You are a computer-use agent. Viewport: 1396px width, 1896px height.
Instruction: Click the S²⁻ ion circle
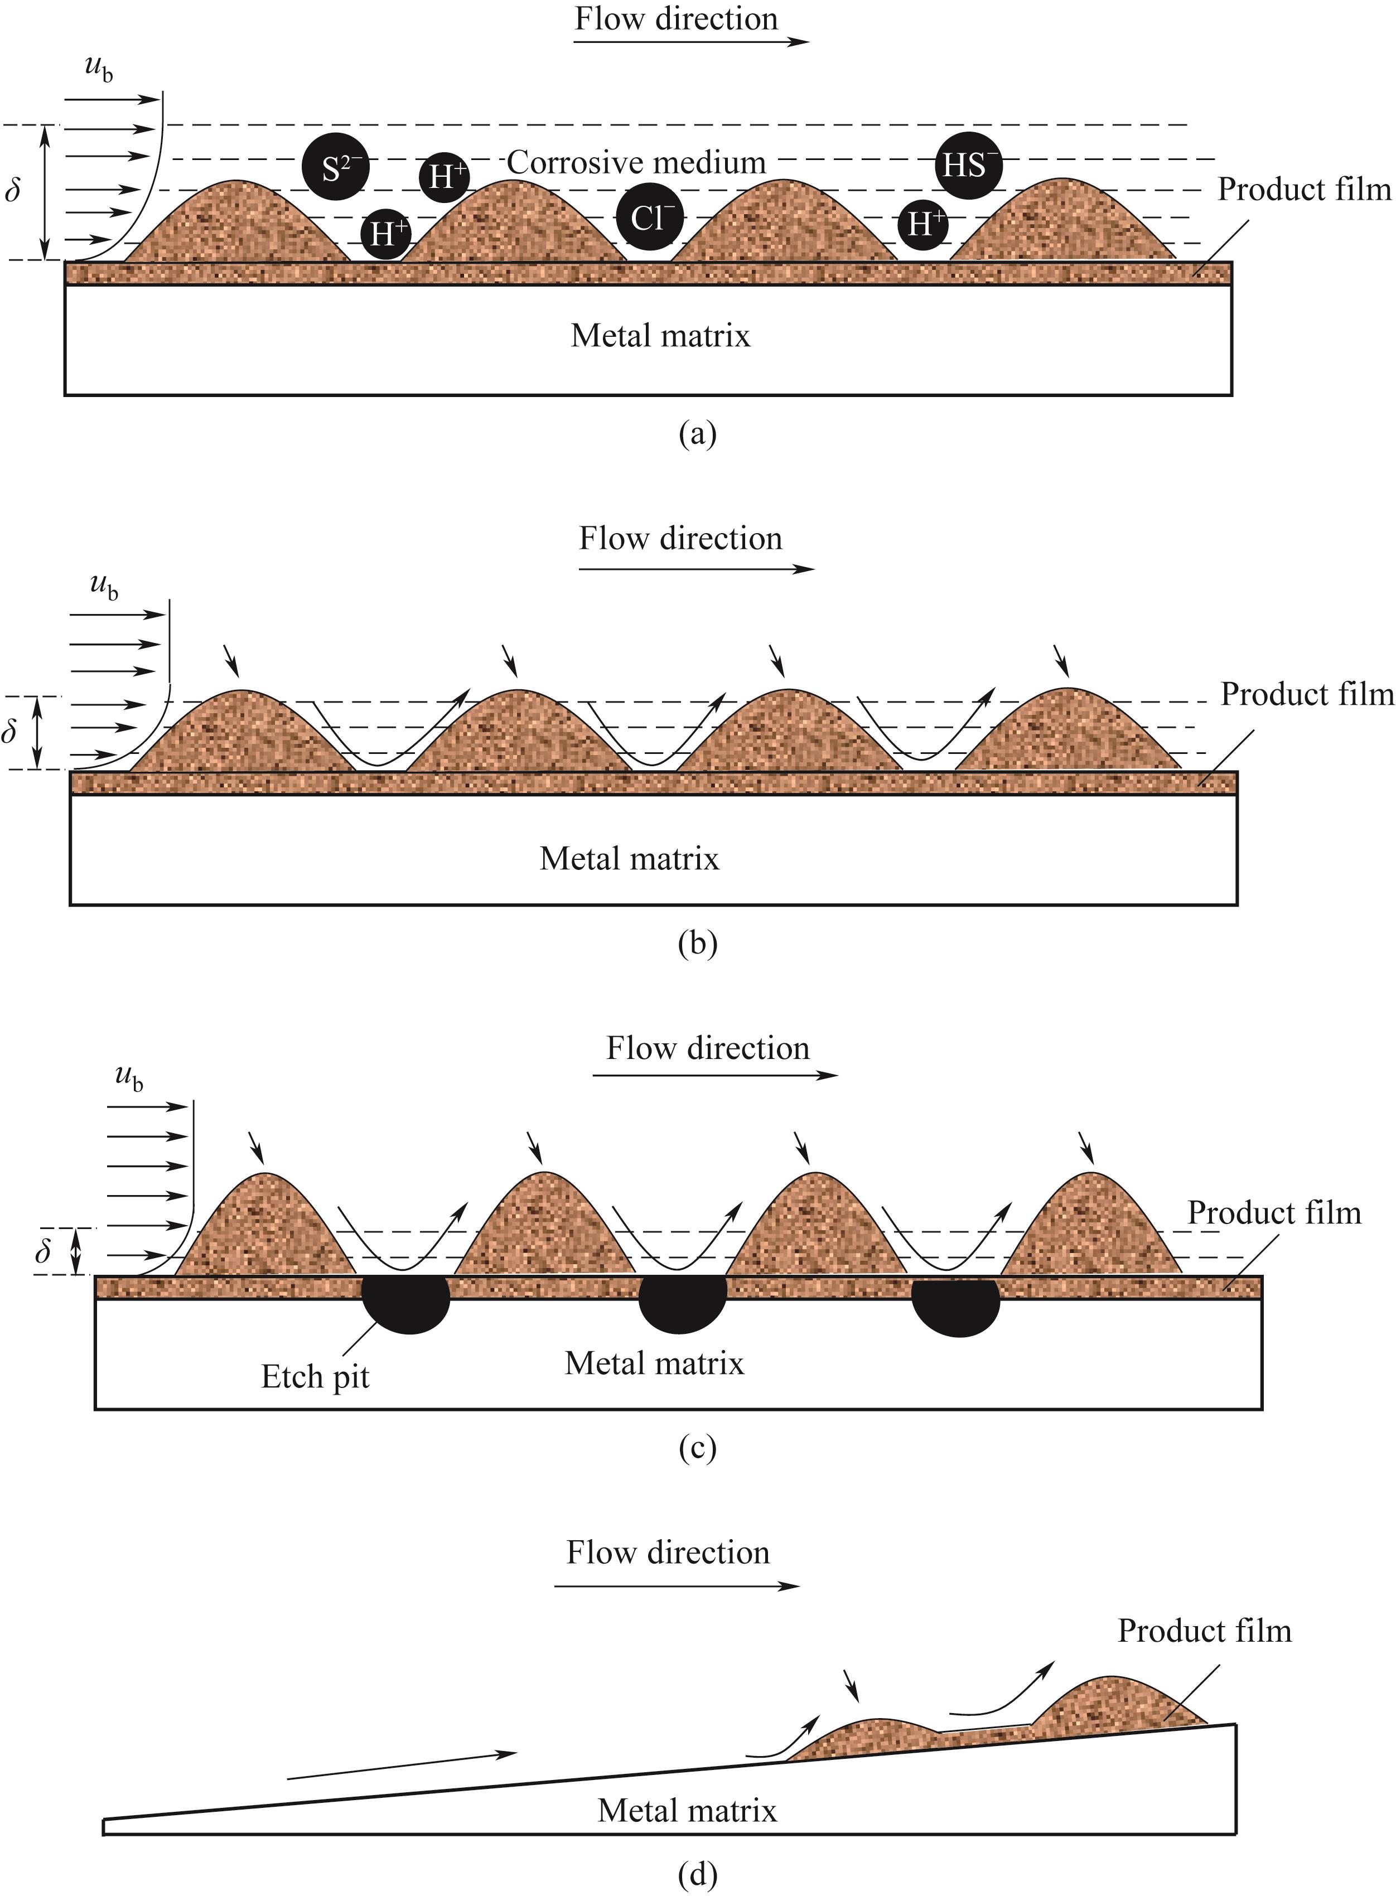pyautogui.click(x=336, y=166)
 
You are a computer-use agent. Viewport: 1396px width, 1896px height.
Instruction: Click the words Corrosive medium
pyautogui.click(x=636, y=162)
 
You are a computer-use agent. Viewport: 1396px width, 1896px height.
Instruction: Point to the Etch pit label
pyautogui.click(x=315, y=1377)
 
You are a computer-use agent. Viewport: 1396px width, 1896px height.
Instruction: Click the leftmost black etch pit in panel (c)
pyautogui.click(x=407, y=1304)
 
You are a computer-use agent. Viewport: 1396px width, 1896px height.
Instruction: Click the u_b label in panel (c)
pyautogui.click(x=128, y=1078)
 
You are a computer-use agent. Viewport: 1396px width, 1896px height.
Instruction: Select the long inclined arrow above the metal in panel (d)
pyautogui.click(x=402, y=1766)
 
